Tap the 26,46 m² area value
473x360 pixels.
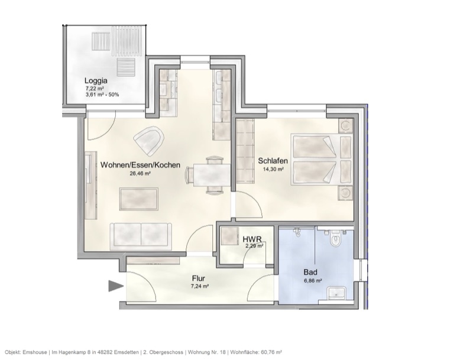click(140, 174)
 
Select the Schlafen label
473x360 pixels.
click(273, 160)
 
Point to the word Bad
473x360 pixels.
click(310, 273)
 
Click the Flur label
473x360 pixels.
click(198, 277)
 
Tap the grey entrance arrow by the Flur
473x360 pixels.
click(115, 287)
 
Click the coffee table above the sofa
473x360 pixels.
click(138, 198)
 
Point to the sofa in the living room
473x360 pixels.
click(141, 236)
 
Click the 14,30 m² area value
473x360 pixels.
click(273, 169)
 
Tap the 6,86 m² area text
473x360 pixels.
click(311, 281)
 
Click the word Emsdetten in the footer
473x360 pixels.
click(126, 351)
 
